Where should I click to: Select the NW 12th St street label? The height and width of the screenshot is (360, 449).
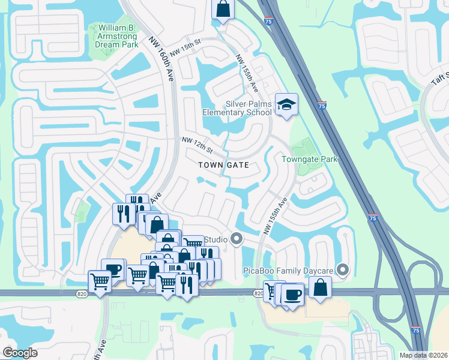(x=197, y=144)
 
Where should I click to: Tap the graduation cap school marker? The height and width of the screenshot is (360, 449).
(x=286, y=104)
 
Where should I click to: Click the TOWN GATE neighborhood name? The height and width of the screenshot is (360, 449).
(x=224, y=164)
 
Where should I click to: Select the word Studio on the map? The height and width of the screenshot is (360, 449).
(x=215, y=239)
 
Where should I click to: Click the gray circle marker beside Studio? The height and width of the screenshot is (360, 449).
(x=236, y=239)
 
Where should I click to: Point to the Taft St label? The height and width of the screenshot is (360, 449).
(x=440, y=78)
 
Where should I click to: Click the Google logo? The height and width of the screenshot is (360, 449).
(x=19, y=353)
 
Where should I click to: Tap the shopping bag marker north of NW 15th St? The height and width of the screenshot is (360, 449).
(x=223, y=9)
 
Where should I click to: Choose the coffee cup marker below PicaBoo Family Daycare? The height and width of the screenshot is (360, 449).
(x=292, y=294)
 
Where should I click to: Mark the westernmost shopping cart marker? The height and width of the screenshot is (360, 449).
(x=99, y=280)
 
